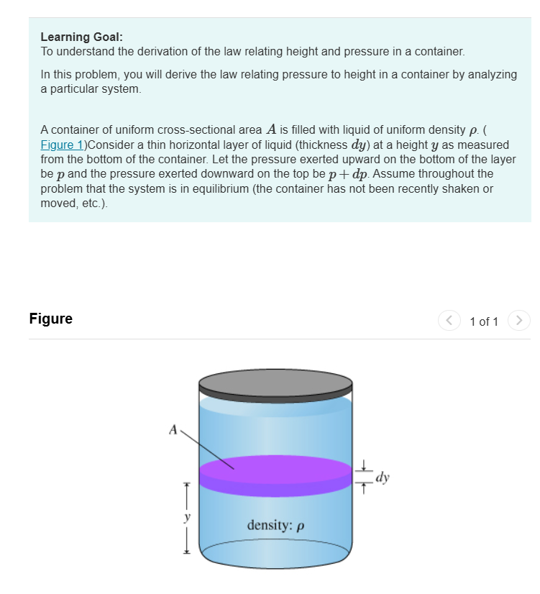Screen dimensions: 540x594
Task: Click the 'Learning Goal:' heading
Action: [x=76, y=37]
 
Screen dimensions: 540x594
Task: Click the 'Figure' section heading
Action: [x=50, y=319]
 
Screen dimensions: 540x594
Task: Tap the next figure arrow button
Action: [x=519, y=321]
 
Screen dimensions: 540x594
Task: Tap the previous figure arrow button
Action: [x=449, y=321]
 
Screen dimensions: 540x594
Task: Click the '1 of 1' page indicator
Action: [x=483, y=321]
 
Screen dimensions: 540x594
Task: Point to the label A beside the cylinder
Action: [x=173, y=430]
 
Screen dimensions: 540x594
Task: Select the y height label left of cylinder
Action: [x=186, y=516]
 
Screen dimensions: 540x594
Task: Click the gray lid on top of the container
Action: [x=276, y=386]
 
